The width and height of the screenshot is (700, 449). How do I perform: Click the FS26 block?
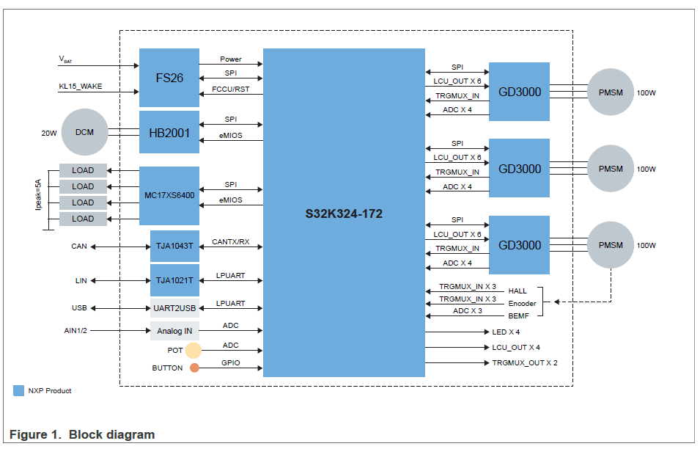[169, 77]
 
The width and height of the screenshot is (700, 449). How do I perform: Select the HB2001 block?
[169, 133]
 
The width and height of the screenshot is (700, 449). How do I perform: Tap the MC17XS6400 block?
[169, 196]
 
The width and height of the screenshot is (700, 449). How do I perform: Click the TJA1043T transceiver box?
[174, 246]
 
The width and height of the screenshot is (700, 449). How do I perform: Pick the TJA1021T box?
[174, 280]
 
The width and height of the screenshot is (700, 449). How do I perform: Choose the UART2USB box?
[174, 308]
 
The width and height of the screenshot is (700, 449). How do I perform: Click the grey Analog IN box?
[174, 331]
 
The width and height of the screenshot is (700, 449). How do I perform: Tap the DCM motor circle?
[84, 133]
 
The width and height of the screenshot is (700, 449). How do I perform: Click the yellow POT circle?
[193, 351]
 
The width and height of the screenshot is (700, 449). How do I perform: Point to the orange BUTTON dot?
[194, 368]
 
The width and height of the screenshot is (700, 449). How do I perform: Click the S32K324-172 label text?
[344, 214]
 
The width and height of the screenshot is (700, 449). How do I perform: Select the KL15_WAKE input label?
[81, 86]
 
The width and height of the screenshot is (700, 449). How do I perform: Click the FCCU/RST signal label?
[231, 90]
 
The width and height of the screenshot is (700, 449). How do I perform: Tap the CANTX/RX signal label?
[231, 241]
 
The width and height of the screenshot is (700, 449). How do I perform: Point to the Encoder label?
[522, 303]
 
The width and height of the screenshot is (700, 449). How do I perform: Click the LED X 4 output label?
[506, 332]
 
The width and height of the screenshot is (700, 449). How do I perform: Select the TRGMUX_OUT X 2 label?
[525, 363]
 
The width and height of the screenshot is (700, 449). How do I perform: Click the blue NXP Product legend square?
[19, 390]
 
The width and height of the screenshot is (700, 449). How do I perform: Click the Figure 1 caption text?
[82, 434]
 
